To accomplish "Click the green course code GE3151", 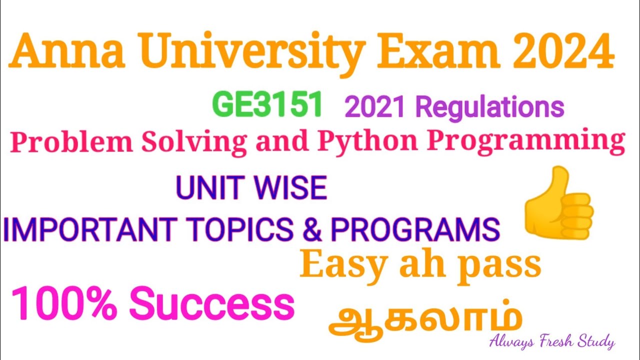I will pyautogui.click(x=266, y=105).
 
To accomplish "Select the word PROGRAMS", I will pyautogui.click(x=414, y=229).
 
